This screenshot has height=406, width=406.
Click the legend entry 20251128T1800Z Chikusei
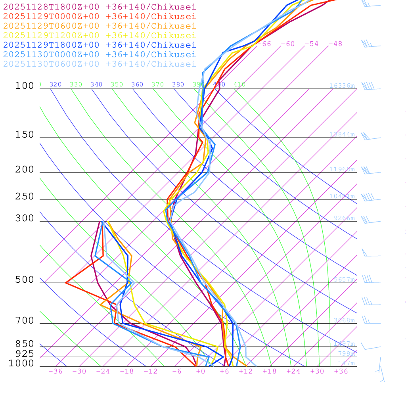coord(99,7)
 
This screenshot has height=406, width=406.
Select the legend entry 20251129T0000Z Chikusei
coord(99,17)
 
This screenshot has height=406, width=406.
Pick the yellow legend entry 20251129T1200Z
coord(99,36)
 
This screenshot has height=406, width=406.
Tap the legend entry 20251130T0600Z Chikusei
coord(99,64)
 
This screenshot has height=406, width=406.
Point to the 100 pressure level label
coord(25,86)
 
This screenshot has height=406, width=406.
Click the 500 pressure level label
coord(25,280)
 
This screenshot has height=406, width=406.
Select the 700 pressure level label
coord(25,321)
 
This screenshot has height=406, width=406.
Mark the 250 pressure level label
coord(25,197)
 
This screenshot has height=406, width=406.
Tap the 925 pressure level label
coord(25,354)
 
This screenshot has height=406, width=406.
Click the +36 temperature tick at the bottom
coord(341,371)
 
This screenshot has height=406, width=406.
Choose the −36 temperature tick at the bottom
coord(55,371)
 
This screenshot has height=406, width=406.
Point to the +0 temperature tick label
coord(201,371)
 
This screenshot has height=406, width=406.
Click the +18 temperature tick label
coord(269,371)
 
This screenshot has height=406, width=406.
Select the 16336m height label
coord(342,86)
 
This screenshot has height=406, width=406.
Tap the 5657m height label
coord(344,280)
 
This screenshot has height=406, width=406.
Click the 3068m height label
coord(344,320)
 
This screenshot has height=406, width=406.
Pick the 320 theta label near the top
coord(56,84)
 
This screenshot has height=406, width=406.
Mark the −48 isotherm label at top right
coord(335,44)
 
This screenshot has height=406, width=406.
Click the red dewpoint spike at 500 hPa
coord(66,283)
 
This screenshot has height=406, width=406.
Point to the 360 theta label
coord(137,84)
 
